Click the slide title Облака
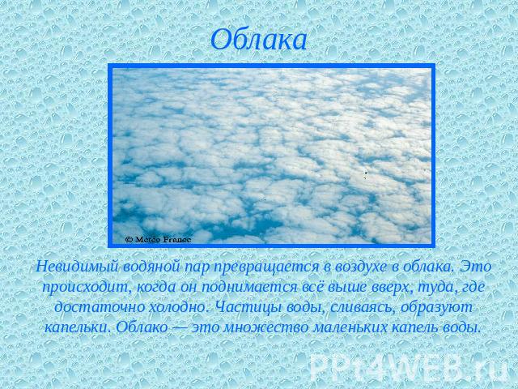pyautogui.click(x=259, y=40)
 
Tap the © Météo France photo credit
pyautogui.click(x=159, y=240)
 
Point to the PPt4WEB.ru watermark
pyautogui.click(x=409, y=367)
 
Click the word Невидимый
pyautogui.click(x=78, y=267)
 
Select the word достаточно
pyautogui.click(x=99, y=308)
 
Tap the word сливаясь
pyautogui.click(x=363, y=308)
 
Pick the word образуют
pyautogui.click(x=436, y=308)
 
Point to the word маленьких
pyautogui.click(x=350, y=328)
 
